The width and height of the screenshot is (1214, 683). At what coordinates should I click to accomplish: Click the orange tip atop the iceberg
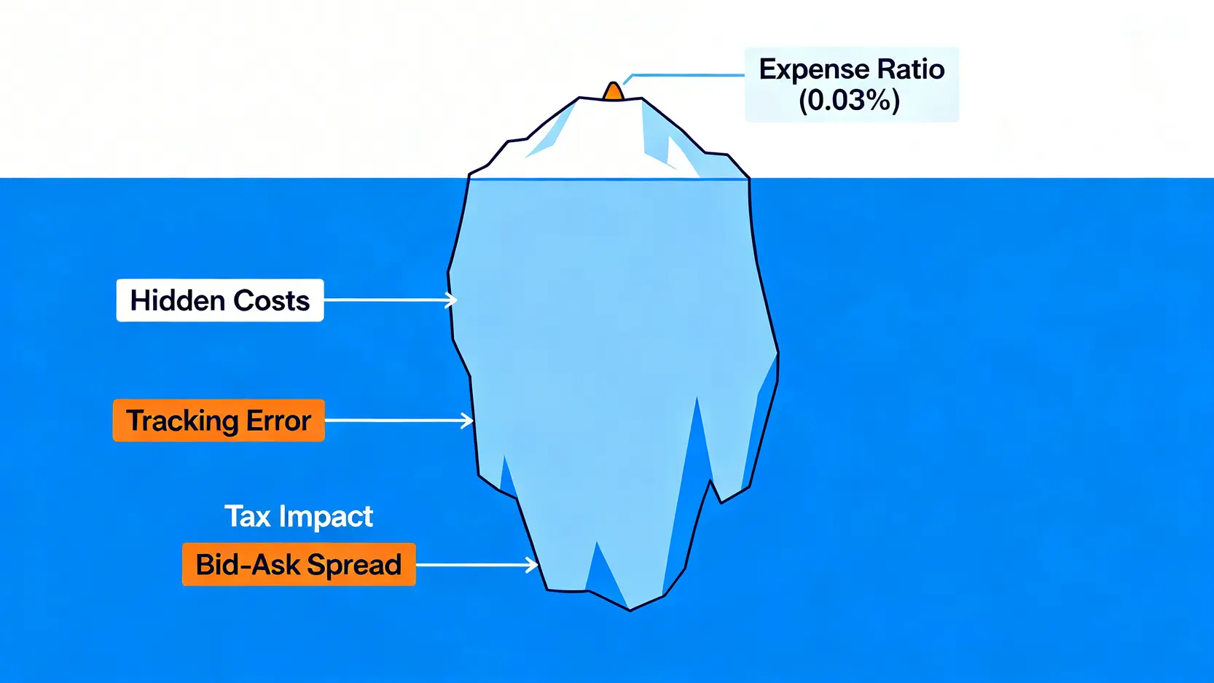click(613, 91)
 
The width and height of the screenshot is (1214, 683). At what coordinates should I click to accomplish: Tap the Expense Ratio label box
click(851, 85)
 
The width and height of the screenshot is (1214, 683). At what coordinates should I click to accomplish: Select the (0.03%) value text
click(849, 101)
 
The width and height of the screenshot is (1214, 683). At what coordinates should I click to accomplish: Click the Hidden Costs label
click(220, 300)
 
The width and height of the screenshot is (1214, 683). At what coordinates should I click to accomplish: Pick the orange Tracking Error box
click(219, 421)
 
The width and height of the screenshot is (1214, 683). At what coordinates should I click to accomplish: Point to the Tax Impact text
click(299, 516)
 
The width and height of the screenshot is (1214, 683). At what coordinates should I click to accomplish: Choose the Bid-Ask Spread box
click(299, 564)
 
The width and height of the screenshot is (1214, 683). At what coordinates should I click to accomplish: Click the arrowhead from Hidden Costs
click(451, 300)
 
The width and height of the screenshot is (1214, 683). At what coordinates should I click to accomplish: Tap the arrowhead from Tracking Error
click(467, 421)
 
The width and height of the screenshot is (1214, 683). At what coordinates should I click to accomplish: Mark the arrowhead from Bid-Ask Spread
click(532, 565)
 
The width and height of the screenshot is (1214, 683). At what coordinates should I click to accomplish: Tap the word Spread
click(354, 566)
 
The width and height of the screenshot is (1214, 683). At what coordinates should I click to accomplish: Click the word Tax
click(248, 516)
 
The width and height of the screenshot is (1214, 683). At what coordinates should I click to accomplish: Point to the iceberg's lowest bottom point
click(630, 611)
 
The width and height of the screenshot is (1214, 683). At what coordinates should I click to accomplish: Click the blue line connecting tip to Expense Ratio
click(684, 75)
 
